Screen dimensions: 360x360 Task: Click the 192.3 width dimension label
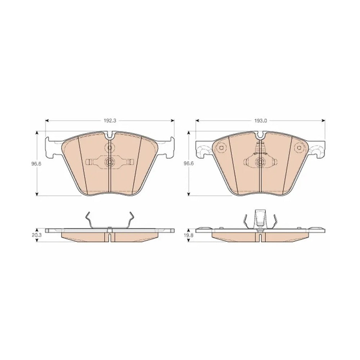point(110,121)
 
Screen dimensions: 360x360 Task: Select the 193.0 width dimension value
point(260,121)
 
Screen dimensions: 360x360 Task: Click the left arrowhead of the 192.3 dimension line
point(47,121)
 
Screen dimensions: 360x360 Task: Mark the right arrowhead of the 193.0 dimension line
point(324,121)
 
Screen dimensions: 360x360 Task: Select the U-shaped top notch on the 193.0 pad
point(260,135)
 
